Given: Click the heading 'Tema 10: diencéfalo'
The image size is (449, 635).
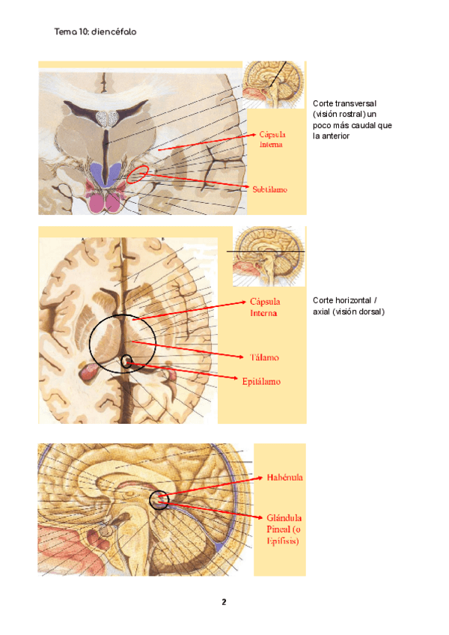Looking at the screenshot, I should tap(95, 32).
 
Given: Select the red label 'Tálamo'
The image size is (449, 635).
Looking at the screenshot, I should tap(263, 357).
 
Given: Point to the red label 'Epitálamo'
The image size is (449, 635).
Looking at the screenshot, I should tap(261, 381).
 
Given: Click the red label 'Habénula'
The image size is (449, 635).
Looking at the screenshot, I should tap(284, 476).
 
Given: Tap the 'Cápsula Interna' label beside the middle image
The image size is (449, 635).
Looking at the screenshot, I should tap(263, 307).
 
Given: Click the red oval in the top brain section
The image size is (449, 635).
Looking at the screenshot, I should tap(137, 175).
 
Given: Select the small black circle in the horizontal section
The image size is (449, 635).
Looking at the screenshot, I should tap(126, 362).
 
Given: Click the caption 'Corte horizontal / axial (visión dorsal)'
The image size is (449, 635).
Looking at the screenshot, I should tap(348, 306).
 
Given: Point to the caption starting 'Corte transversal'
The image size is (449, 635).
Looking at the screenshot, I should tap(352, 120).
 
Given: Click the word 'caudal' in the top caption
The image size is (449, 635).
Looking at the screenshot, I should tap(365, 126).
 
